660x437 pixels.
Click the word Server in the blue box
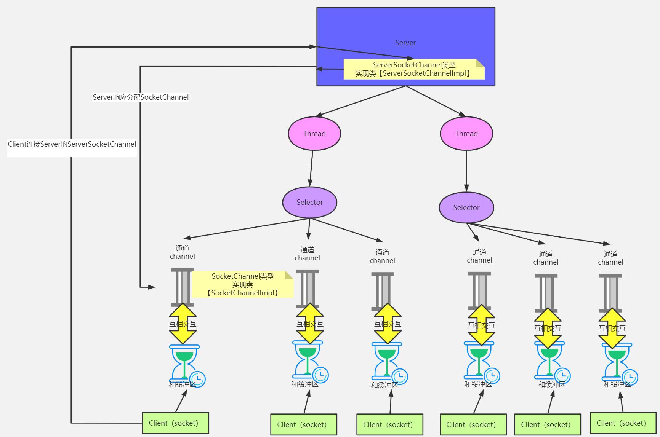[x=405, y=43]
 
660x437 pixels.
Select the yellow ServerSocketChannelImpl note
[x=413, y=69]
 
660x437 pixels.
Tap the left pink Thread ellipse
[x=314, y=134]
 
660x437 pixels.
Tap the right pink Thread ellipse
[x=466, y=134]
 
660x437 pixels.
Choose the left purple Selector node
[x=309, y=203]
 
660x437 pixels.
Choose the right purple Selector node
[x=466, y=207]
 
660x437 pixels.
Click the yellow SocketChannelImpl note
[x=243, y=284]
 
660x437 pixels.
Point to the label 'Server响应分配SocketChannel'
[x=141, y=97]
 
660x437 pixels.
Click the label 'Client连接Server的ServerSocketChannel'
[x=72, y=144]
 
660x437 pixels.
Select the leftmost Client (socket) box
[x=175, y=423]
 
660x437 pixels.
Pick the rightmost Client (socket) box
[x=623, y=423]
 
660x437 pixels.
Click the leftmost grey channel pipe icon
[x=182, y=286]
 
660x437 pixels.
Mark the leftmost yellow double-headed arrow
[x=183, y=324]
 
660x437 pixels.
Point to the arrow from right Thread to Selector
[x=466, y=171]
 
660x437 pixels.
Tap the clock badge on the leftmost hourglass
[x=198, y=379]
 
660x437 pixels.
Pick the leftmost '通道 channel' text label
[x=182, y=252]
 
